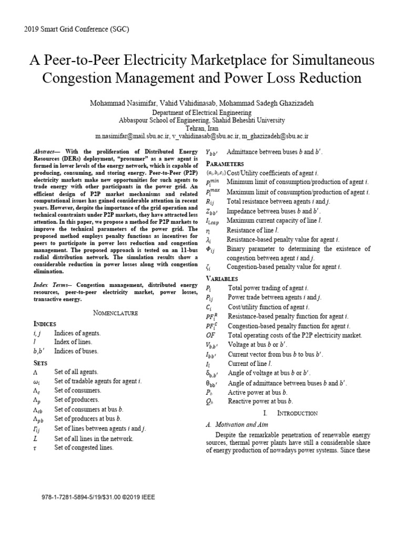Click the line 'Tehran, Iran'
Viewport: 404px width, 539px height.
tap(201, 127)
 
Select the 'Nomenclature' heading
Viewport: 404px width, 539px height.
tap(115, 313)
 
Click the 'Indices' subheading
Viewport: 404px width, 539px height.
tap(45, 323)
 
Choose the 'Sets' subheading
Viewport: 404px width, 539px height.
tap(41, 363)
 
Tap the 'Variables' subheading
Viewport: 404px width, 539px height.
tap(221, 278)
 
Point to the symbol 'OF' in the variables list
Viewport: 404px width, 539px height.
tap(211, 335)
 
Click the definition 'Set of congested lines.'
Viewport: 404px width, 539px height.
tap(84, 448)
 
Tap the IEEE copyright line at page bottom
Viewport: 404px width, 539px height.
tap(98, 497)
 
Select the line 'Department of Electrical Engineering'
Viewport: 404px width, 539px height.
tap(201, 113)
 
